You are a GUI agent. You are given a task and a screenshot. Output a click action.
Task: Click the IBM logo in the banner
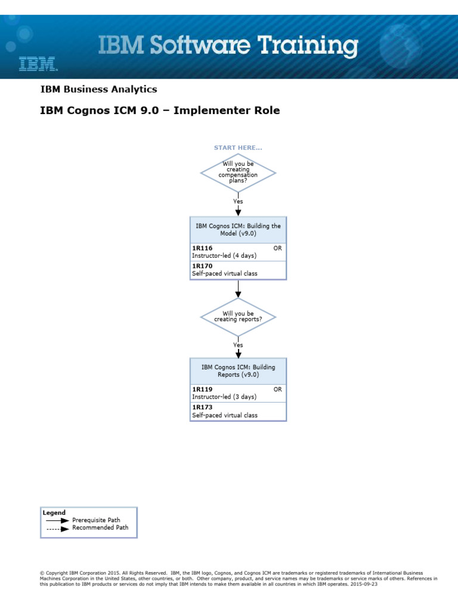point(38,64)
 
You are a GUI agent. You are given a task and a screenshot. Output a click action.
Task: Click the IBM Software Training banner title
point(228,47)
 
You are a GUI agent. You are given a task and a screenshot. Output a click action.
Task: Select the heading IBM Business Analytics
point(98,90)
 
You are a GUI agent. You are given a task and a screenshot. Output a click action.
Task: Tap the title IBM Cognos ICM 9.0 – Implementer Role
point(159,110)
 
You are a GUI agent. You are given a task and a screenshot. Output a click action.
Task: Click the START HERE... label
point(238,147)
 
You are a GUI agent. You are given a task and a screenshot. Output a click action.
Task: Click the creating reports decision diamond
point(238,316)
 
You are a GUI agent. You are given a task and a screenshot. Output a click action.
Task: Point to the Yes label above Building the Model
point(238,202)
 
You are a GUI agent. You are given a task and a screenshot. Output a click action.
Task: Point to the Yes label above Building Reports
point(238,345)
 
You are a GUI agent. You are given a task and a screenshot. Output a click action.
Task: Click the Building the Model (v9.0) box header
point(238,230)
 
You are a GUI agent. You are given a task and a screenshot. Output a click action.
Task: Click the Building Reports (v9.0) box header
point(238,371)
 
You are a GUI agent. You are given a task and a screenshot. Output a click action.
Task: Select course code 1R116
point(202,248)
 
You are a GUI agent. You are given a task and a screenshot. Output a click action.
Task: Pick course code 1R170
point(202,266)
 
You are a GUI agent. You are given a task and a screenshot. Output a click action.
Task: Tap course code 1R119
point(202,389)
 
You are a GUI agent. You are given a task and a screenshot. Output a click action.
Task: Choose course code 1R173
point(202,407)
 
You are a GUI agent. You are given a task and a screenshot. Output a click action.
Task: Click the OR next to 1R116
point(277,248)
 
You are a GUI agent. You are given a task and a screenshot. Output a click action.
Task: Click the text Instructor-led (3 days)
point(224,397)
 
